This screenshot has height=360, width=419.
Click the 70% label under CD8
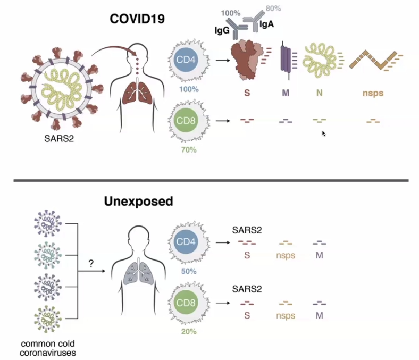tap(189, 150)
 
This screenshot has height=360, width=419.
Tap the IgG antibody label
tap(222, 31)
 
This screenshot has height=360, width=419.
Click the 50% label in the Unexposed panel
tap(189, 271)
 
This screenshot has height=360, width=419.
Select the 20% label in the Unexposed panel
tap(189, 331)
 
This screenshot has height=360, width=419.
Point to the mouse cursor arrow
tap(324, 133)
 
